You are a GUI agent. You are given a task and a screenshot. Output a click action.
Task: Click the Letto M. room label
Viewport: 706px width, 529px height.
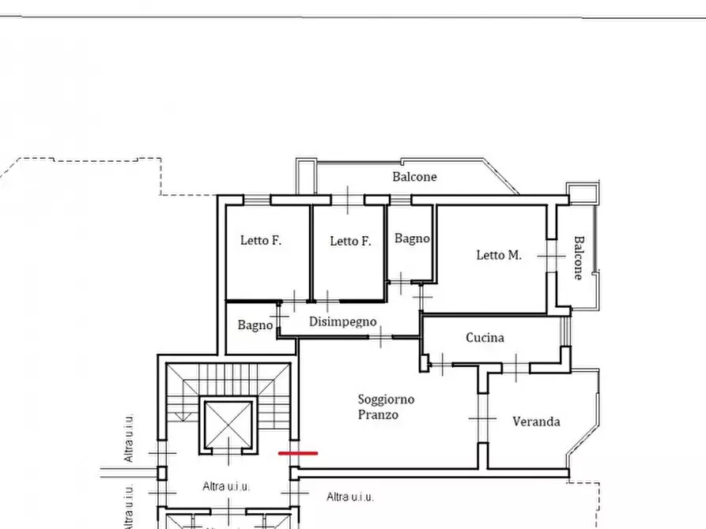[x=499, y=255]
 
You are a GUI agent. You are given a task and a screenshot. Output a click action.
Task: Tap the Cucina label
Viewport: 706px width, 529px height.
[x=485, y=337]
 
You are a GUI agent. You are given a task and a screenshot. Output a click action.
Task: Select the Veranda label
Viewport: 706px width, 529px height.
[x=536, y=422]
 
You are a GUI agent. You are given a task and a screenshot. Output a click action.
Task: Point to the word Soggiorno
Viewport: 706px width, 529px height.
[x=386, y=400]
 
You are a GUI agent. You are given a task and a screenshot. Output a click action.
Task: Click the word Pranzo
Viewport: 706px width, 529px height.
[x=378, y=415]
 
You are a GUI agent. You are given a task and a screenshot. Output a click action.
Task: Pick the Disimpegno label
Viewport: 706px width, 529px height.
[x=342, y=322]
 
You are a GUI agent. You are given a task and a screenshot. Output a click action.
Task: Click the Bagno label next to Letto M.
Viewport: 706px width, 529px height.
[x=412, y=238]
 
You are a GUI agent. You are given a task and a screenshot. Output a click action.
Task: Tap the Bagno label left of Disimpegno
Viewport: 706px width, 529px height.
[x=255, y=325]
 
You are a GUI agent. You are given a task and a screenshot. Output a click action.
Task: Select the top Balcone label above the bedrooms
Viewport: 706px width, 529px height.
[x=414, y=176]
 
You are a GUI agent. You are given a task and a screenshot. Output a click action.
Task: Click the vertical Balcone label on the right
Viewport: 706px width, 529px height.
[x=579, y=257]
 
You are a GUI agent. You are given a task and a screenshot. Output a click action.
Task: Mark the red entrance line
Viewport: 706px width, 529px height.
[x=298, y=453]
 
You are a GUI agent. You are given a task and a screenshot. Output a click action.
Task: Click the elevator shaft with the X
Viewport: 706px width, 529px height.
[x=228, y=424]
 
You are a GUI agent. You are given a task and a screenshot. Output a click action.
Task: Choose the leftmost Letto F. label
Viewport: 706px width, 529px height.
[x=261, y=240]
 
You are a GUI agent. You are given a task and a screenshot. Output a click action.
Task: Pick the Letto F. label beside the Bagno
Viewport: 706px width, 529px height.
[x=350, y=241]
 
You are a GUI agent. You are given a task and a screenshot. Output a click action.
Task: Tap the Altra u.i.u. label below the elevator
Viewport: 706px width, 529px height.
[x=226, y=486]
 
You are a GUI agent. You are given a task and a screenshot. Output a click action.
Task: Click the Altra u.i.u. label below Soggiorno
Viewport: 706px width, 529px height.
[x=350, y=497]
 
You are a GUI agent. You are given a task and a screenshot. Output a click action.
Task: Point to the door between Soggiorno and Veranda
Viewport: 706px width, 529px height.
[x=483, y=418]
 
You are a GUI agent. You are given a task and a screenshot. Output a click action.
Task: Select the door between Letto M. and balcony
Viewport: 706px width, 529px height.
[x=552, y=256]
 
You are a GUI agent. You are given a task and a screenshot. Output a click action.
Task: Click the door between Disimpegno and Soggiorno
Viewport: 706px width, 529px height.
[x=381, y=337]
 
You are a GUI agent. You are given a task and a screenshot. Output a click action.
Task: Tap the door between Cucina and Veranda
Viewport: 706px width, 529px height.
[x=516, y=367]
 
